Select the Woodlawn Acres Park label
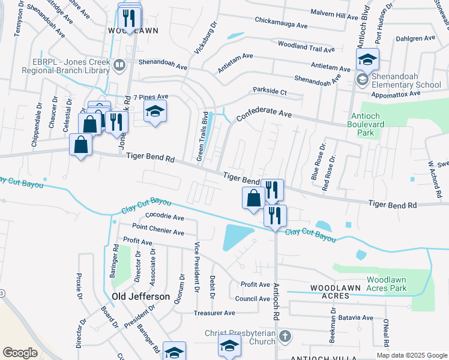[394, 284]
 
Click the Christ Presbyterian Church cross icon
[285, 337]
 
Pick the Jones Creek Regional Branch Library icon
[119, 65]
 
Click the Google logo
[20, 352]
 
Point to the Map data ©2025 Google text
[411, 355]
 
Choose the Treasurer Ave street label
[214, 313]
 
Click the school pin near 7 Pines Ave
[155, 112]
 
